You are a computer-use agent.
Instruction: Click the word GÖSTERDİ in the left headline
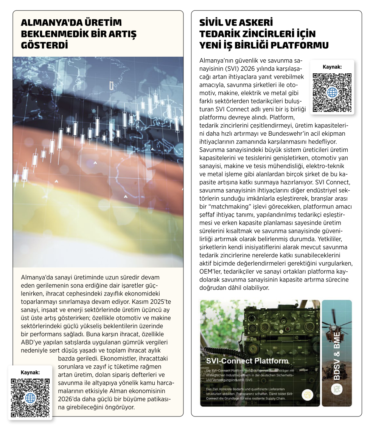[44, 45]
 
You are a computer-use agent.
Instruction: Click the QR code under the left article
[30, 398]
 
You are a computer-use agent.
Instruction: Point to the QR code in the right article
[332, 93]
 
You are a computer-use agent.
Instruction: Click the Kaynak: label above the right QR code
[332, 67]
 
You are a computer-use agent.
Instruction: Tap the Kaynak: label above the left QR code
[30, 372]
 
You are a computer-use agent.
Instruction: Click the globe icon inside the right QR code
[332, 93]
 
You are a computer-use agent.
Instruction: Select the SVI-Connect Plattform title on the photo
[247, 361]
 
